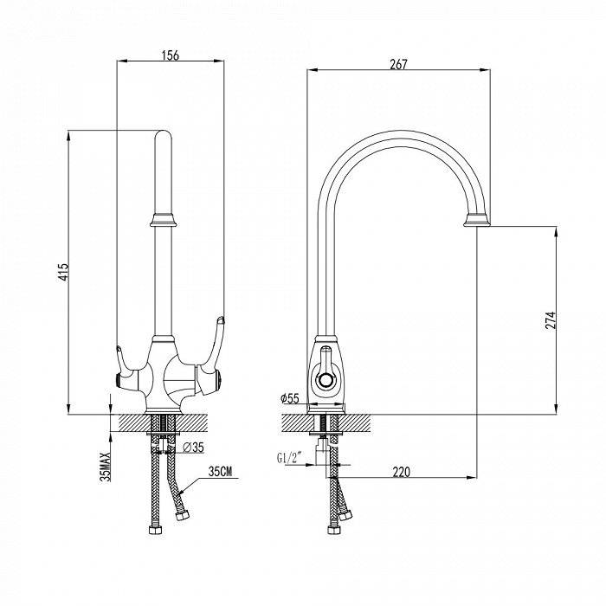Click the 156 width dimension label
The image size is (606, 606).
171,55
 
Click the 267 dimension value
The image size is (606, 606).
398,64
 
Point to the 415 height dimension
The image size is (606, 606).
63,272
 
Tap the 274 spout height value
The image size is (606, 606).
550,320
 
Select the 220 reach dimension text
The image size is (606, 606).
401,472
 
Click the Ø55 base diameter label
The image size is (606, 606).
290,398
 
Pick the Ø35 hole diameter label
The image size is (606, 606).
193,448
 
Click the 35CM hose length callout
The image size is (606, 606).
220,472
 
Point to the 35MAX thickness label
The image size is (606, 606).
105,467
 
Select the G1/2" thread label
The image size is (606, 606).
289,458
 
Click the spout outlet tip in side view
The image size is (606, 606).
477,220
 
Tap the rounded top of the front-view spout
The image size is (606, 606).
163,135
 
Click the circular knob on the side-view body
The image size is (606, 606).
326,381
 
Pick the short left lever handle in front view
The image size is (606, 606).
126,363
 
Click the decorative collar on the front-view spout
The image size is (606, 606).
163,220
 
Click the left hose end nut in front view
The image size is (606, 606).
155,530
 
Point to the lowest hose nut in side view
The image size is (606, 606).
334,530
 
